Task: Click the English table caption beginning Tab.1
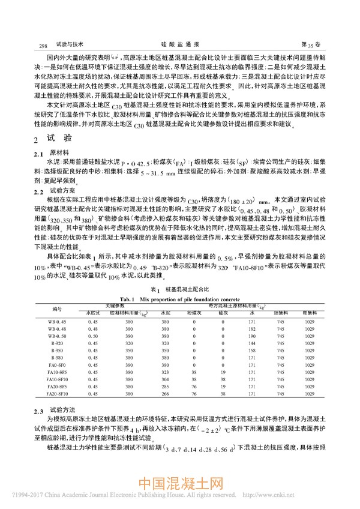pos(179,298)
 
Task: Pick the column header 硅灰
pos(223,313)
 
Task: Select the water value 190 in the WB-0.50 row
pos(252,336)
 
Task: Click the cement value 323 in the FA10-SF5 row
pos(166,372)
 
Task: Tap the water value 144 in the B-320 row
pos(252,343)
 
